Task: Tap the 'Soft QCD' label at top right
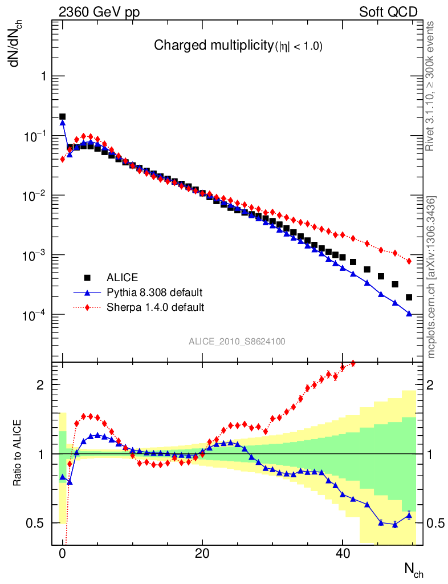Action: pos(388,12)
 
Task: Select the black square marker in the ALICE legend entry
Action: pos(88,278)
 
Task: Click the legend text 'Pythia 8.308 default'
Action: pos(154,293)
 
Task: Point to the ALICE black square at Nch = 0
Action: pos(63,117)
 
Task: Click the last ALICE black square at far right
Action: pos(409,297)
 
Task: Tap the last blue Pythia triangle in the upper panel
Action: pos(409,314)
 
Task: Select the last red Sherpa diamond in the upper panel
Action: pos(409,261)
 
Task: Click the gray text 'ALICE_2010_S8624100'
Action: pos(237,342)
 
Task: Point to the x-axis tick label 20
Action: pos(202,553)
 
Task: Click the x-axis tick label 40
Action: pos(342,553)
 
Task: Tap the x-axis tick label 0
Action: pos(63,553)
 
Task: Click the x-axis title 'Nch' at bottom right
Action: pos(413,569)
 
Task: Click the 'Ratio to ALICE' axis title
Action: pos(18,453)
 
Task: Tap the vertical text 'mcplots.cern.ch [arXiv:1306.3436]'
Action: pos(431,277)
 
